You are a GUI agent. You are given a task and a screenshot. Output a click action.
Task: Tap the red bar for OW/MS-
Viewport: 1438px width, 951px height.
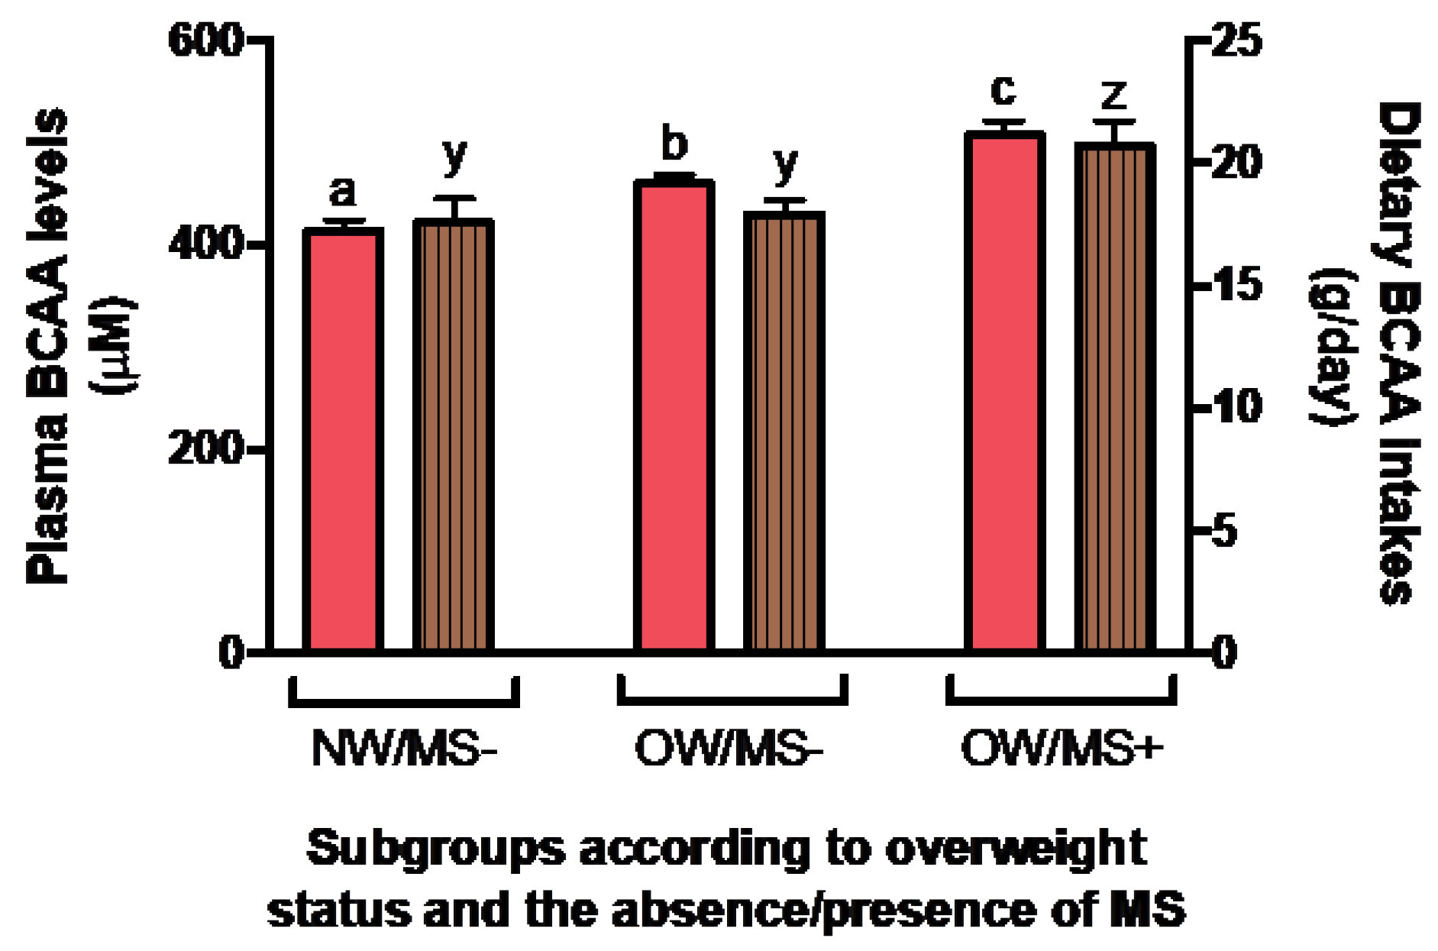coord(674,416)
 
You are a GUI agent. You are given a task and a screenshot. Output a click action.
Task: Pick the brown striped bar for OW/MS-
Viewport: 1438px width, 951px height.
coord(784,432)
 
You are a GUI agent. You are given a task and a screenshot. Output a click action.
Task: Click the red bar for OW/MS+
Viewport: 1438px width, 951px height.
coord(1003,391)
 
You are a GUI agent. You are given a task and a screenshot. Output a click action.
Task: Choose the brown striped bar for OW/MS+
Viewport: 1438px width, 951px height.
coord(1114,397)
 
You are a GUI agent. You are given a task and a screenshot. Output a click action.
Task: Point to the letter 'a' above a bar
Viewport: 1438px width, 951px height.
coord(343,191)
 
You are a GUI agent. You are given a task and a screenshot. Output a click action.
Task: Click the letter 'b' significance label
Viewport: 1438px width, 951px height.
coord(674,144)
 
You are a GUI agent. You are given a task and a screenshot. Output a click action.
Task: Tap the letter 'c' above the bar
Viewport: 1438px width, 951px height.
coord(1003,90)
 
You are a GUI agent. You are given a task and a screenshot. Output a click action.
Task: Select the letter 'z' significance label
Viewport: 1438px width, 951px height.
coord(1114,95)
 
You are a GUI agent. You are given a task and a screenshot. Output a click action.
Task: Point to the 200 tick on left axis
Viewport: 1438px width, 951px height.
coord(205,448)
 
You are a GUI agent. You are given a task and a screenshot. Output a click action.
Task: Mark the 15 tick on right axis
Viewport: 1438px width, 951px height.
coord(1236,285)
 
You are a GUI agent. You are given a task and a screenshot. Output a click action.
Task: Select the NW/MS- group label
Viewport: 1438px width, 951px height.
coord(404,749)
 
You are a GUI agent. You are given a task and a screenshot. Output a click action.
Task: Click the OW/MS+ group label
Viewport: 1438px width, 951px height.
coord(1062,749)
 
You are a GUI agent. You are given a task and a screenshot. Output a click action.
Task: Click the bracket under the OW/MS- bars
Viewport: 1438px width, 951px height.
coord(732,699)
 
